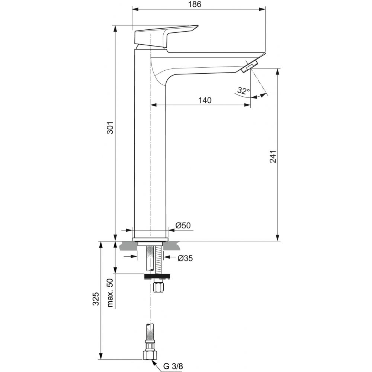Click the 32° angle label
243,90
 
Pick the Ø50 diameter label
183,225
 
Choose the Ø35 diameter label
185,258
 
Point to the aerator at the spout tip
249,67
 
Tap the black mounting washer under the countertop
157,276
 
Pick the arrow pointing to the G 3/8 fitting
157,360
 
